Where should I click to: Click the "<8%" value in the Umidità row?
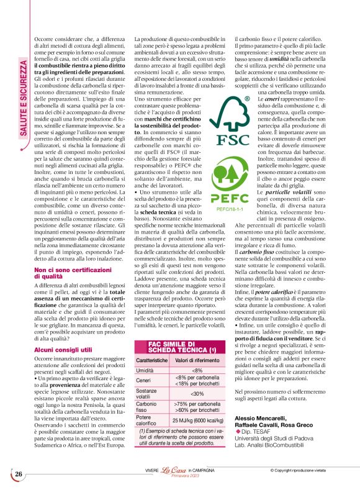197,370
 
